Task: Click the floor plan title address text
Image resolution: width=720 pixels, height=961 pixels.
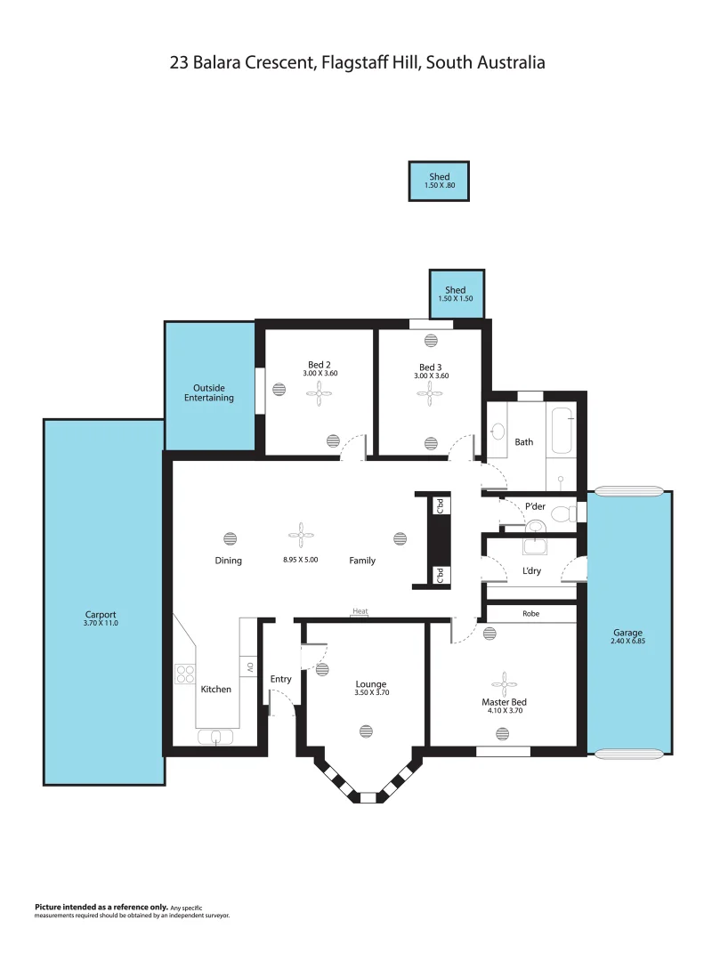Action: point(358,62)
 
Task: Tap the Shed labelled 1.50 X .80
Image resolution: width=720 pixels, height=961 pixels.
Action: point(439,181)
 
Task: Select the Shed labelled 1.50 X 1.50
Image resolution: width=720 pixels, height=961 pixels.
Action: point(456,294)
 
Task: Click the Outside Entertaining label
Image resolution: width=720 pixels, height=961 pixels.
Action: point(209,392)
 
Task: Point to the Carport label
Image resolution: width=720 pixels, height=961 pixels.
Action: point(101,615)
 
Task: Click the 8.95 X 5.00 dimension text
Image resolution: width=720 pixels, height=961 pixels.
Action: point(300,561)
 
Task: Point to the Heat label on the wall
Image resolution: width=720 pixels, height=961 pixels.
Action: point(360,611)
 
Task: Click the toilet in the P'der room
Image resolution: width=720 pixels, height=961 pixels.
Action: point(562,513)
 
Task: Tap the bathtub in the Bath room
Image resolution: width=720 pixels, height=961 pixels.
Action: point(561,432)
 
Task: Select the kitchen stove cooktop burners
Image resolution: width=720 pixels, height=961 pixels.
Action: point(185,674)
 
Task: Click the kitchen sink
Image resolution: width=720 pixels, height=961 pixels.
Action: point(215,736)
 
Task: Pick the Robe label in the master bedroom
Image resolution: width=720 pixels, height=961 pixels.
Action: point(530,614)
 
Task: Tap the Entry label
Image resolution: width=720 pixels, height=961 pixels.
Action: point(280,679)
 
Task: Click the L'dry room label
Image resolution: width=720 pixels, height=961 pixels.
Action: point(531,570)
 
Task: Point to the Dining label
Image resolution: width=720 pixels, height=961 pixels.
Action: point(228,561)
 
